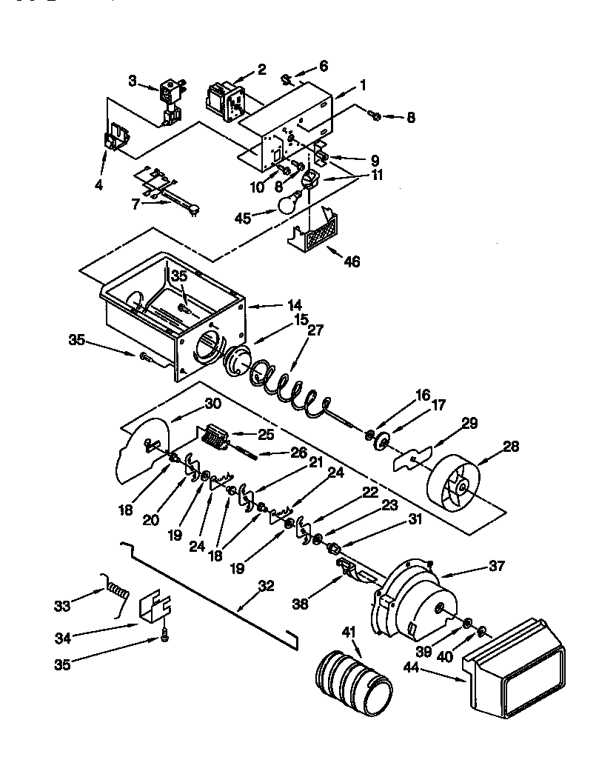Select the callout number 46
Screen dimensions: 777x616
click(352, 261)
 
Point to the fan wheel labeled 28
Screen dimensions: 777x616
click(454, 484)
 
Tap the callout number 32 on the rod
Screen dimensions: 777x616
click(265, 586)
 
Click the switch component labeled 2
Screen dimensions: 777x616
click(225, 99)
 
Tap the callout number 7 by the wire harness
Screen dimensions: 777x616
click(135, 204)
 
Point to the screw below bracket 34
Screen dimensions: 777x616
click(164, 636)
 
